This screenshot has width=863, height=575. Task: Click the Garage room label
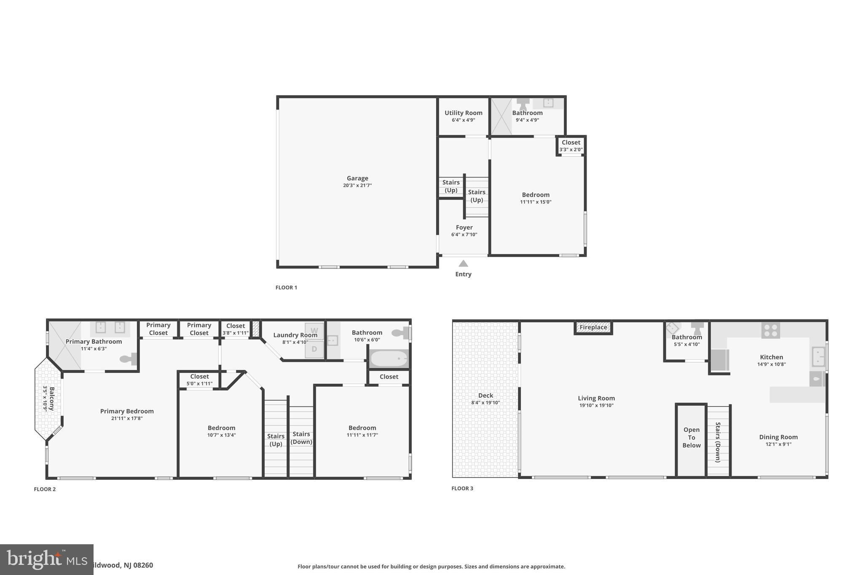click(357, 178)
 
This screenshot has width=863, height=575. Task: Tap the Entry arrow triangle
click(464, 263)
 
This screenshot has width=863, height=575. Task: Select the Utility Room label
click(464, 113)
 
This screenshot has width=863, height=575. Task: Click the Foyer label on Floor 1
click(464, 227)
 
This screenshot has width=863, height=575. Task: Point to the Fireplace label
click(593, 327)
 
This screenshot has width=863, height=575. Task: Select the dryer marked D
click(314, 349)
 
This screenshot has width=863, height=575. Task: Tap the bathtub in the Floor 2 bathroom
click(389, 359)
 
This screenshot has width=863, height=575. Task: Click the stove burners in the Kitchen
click(771, 330)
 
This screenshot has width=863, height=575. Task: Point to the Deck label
click(485, 396)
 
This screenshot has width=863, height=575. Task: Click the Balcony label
click(52, 399)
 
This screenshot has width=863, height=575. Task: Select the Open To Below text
click(691, 438)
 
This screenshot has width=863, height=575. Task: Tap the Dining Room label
click(778, 437)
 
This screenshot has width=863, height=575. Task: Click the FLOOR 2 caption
click(45, 489)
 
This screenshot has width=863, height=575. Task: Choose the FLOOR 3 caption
click(462, 489)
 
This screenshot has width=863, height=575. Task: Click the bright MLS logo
click(47, 559)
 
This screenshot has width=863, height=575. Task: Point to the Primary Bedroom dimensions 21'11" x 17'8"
click(127, 419)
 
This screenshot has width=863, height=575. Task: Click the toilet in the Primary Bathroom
click(129, 359)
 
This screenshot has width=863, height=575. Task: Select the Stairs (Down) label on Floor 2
click(301, 438)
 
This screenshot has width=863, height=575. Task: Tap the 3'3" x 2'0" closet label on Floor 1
click(571, 150)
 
